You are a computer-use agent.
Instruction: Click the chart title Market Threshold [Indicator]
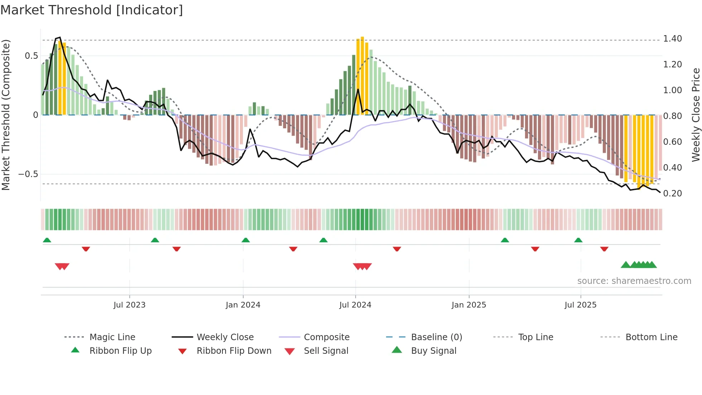(x=92, y=10)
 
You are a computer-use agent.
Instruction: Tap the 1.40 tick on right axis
(x=672, y=39)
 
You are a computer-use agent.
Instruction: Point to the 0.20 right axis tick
(x=672, y=194)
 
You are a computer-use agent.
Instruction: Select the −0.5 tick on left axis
(x=28, y=174)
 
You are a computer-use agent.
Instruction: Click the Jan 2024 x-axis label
(x=243, y=305)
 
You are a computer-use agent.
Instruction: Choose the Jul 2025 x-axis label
(x=581, y=305)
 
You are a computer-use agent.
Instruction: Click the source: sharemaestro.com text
(x=634, y=281)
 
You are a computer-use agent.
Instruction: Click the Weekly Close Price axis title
(x=696, y=115)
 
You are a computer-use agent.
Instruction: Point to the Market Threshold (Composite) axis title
(x=6, y=115)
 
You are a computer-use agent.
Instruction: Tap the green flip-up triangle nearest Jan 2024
(x=246, y=240)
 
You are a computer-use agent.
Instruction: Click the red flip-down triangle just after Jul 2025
(x=604, y=249)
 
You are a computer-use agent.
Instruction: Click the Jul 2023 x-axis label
(x=129, y=305)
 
